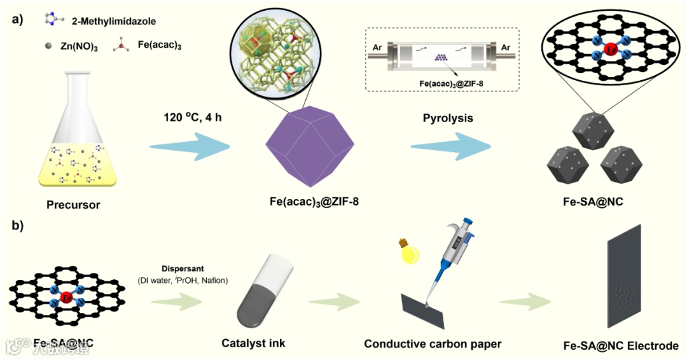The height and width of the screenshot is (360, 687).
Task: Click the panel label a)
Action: pyautogui.click(x=17, y=18)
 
